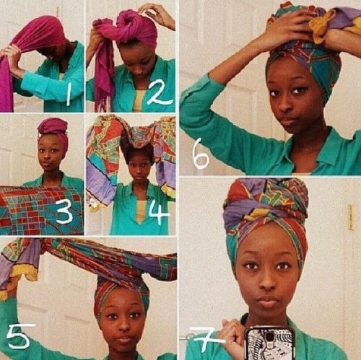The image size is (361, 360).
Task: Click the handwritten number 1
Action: (x=69, y=95)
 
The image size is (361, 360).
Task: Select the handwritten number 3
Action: (x=64, y=212)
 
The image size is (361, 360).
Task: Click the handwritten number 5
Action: (x=19, y=335)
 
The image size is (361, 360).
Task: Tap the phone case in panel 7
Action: (x=269, y=343)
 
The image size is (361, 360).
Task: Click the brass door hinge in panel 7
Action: (x=350, y=217)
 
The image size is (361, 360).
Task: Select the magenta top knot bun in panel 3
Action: (x=52, y=127)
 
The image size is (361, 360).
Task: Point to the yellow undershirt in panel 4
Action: (x=142, y=210)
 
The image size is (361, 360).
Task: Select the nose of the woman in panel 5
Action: (x=125, y=325)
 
